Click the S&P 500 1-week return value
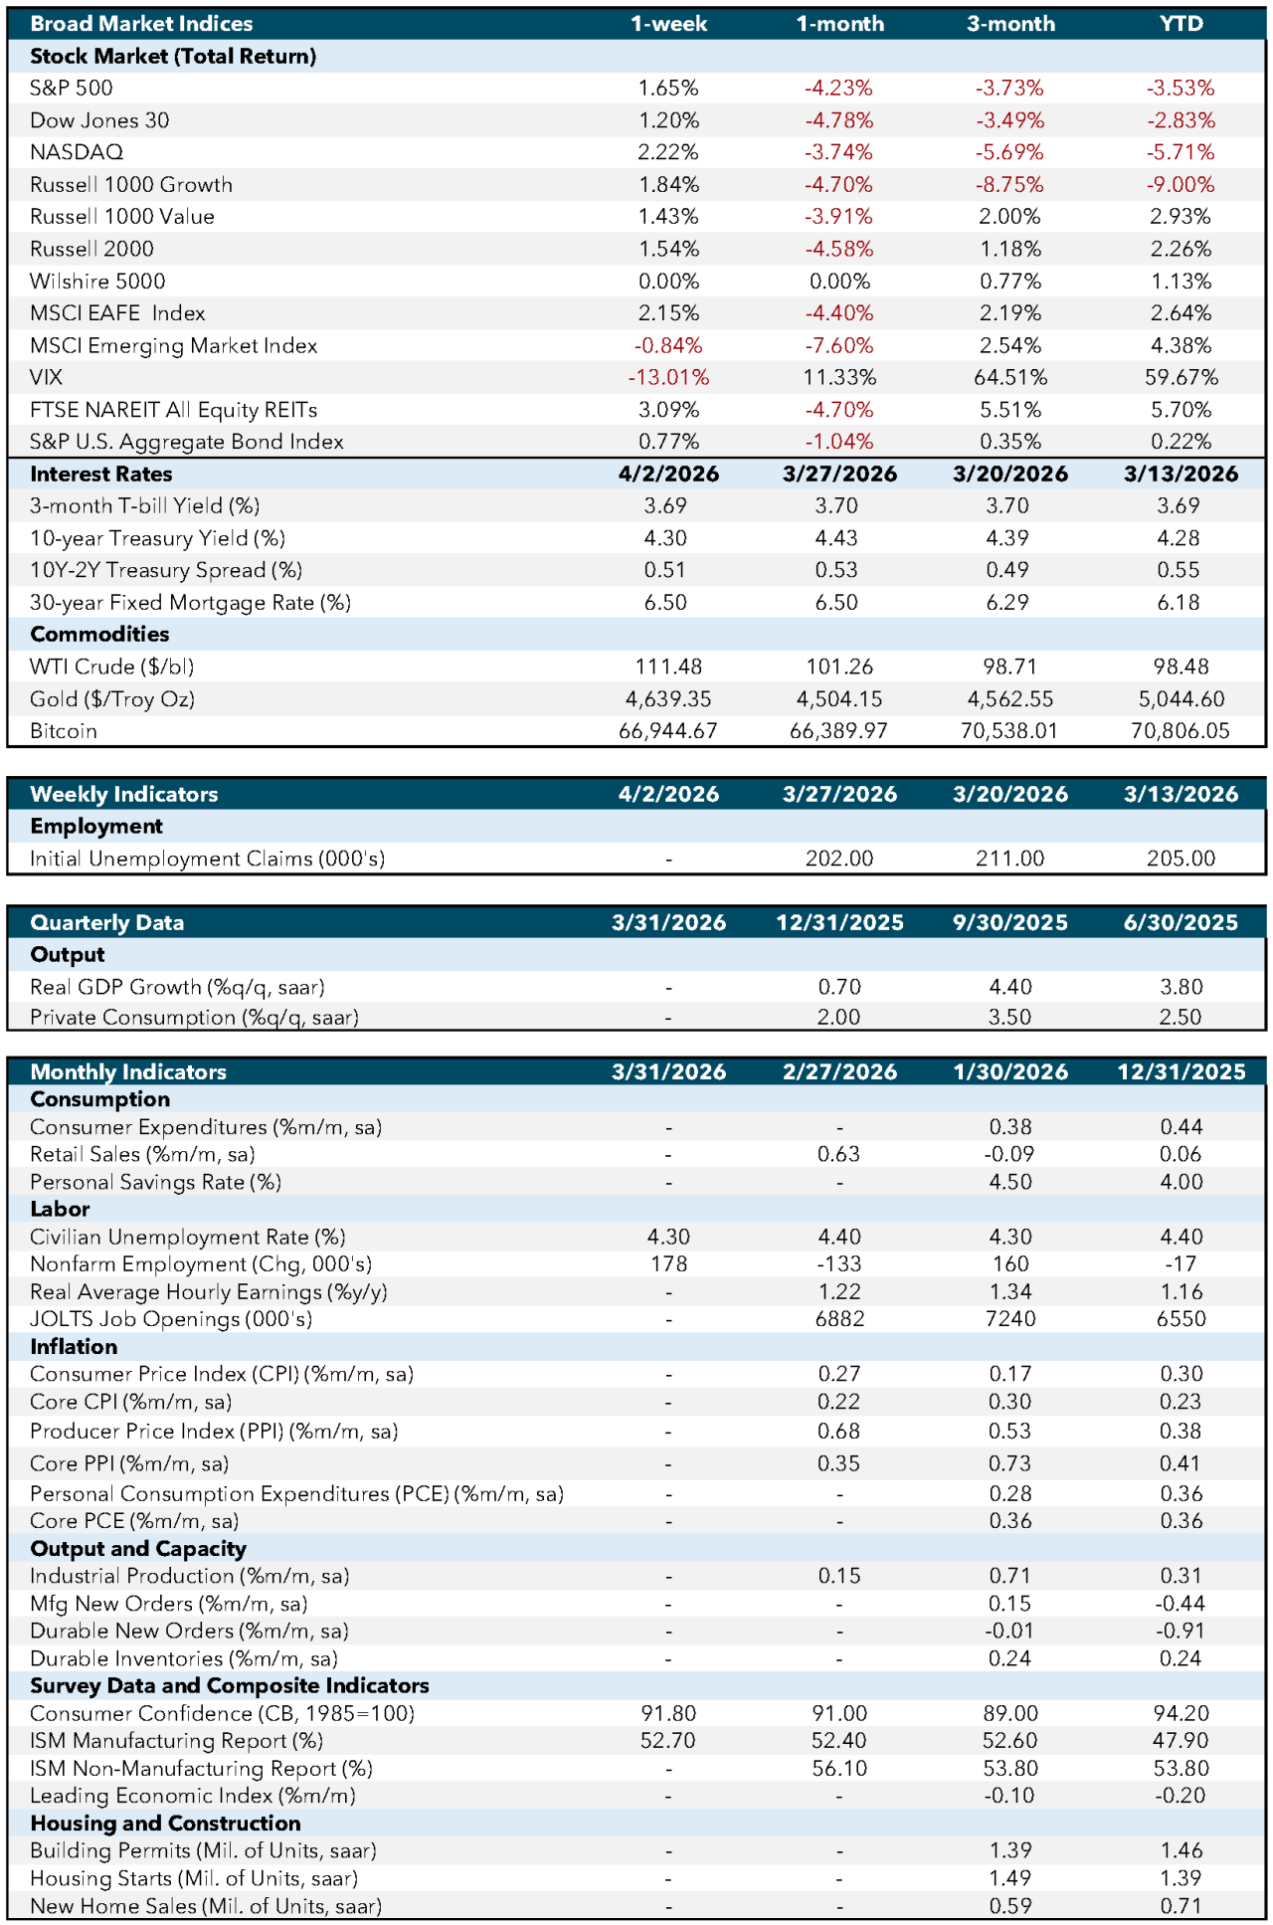point(668,89)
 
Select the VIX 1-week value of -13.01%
point(668,378)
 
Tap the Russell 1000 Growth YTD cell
point(1181,185)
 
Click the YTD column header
point(1181,24)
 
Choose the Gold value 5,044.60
point(1181,699)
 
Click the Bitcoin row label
point(64,731)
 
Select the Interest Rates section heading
point(101,475)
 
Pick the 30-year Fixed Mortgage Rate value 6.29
point(1008,603)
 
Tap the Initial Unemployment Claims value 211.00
point(1009,859)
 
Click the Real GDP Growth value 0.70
point(839,987)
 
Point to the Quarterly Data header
point(107,922)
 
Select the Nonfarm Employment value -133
point(839,1264)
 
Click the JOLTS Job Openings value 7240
point(1009,1319)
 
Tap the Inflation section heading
point(74,1347)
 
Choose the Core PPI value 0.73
point(1009,1463)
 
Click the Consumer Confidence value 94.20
point(1181,1713)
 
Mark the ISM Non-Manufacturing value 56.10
point(839,1768)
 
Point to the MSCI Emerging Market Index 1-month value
point(839,346)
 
